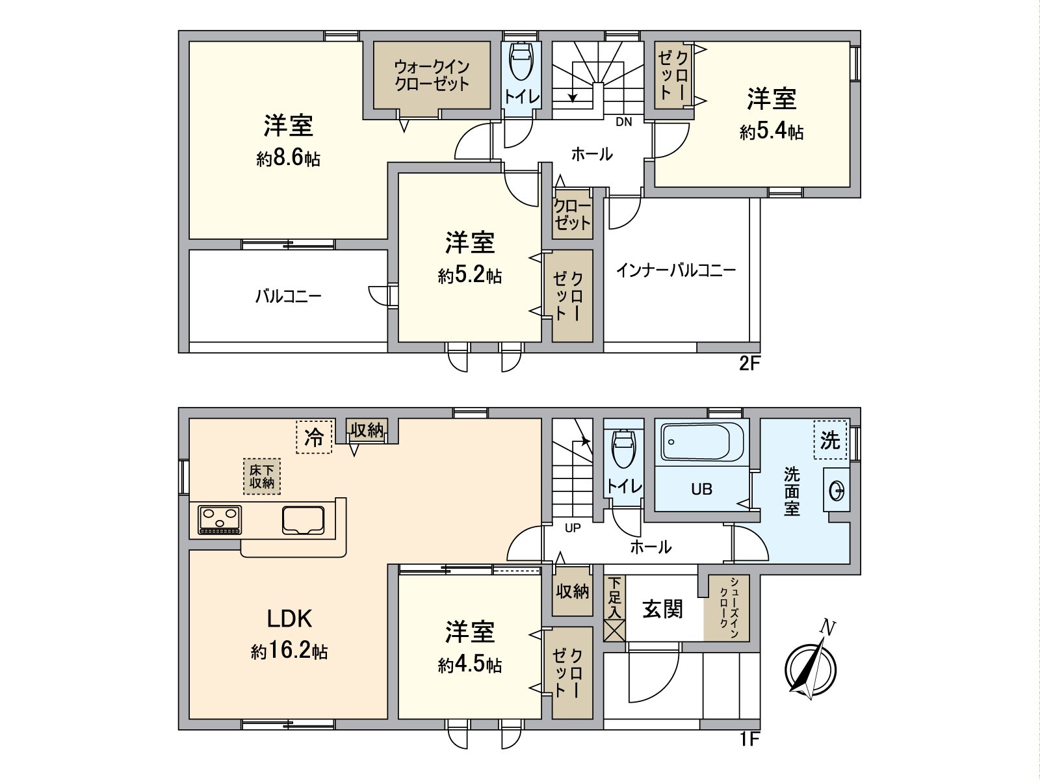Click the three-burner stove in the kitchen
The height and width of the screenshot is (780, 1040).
tap(220, 520)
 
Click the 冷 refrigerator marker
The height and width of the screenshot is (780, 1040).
tap(315, 437)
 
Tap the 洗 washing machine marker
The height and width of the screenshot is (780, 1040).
tap(830, 440)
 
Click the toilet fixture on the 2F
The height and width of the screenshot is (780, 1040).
tap(521, 61)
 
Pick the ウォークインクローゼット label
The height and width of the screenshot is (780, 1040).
tap(432, 75)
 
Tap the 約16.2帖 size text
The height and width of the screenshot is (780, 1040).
tap(289, 651)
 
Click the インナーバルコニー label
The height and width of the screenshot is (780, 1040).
tap(676, 270)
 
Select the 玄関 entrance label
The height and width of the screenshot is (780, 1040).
tap(662, 609)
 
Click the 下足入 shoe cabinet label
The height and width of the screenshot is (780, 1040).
tap(614, 597)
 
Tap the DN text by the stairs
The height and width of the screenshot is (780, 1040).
tap(623, 122)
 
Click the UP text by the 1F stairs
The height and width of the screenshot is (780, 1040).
tap(573, 528)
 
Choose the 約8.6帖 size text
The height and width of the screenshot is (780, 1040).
tap(288, 159)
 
